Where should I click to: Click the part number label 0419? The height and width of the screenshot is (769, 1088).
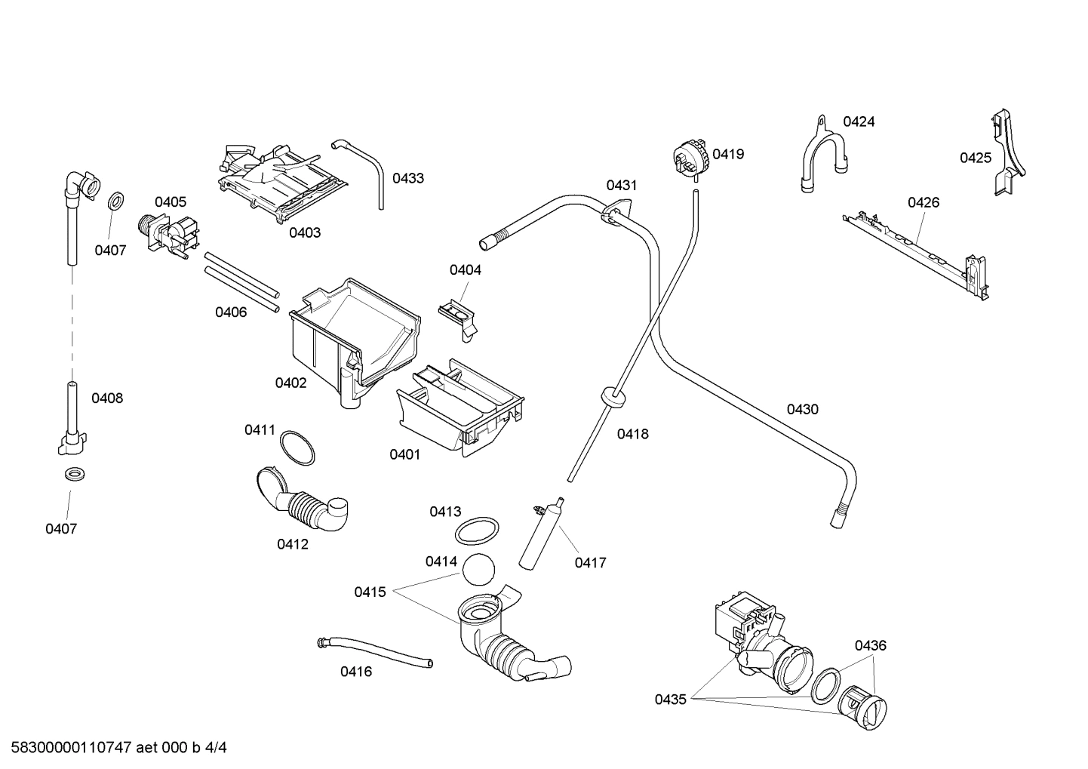(728, 154)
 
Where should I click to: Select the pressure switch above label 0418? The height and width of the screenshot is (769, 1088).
(692, 158)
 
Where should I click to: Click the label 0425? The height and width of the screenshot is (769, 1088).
(976, 158)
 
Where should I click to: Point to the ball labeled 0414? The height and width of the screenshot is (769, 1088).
(478, 570)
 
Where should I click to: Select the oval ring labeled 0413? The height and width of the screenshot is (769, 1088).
(477, 531)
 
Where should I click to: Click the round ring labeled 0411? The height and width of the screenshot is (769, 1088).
(297, 448)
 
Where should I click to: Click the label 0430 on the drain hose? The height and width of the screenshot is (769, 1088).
(802, 409)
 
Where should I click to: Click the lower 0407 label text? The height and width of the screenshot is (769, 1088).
(61, 529)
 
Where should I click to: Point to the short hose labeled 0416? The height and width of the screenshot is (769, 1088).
(375, 651)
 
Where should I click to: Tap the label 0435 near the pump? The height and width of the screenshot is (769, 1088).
(670, 700)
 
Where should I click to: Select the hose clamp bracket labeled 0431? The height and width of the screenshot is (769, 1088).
(616, 212)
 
